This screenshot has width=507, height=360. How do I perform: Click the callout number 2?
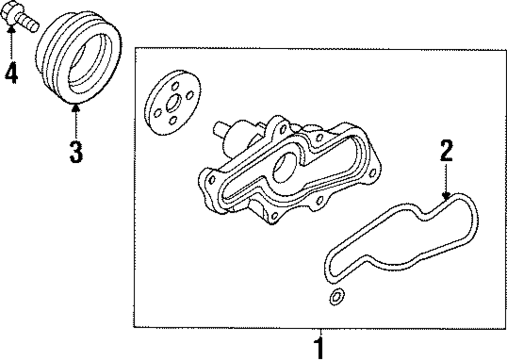pos(446,151)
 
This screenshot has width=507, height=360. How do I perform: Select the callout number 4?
pos(11,73)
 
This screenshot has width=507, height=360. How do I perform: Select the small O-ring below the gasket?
pos(336,297)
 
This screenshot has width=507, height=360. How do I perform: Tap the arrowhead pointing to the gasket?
pos(446,195)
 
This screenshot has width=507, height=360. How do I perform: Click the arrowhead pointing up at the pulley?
pos(76,106)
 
